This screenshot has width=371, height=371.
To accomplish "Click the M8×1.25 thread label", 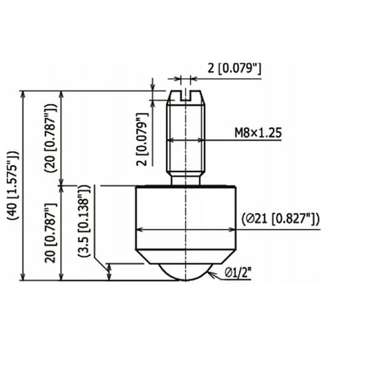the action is [258, 133].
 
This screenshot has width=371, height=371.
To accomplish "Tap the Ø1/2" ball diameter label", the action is [238, 273].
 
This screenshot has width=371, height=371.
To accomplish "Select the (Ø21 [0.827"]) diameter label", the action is [280, 219].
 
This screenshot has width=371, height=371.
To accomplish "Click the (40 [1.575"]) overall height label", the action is [13, 185].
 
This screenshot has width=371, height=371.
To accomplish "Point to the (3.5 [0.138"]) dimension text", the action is [84, 220].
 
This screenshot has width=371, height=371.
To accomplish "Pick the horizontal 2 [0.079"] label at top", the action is [234, 68].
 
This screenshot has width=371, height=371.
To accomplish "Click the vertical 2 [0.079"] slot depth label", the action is [142, 139].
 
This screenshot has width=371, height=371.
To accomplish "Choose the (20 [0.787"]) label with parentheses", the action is [51, 137].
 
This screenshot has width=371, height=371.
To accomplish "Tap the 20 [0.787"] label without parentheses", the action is [51, 233].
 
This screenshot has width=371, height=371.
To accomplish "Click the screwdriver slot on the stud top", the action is [185, 96].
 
